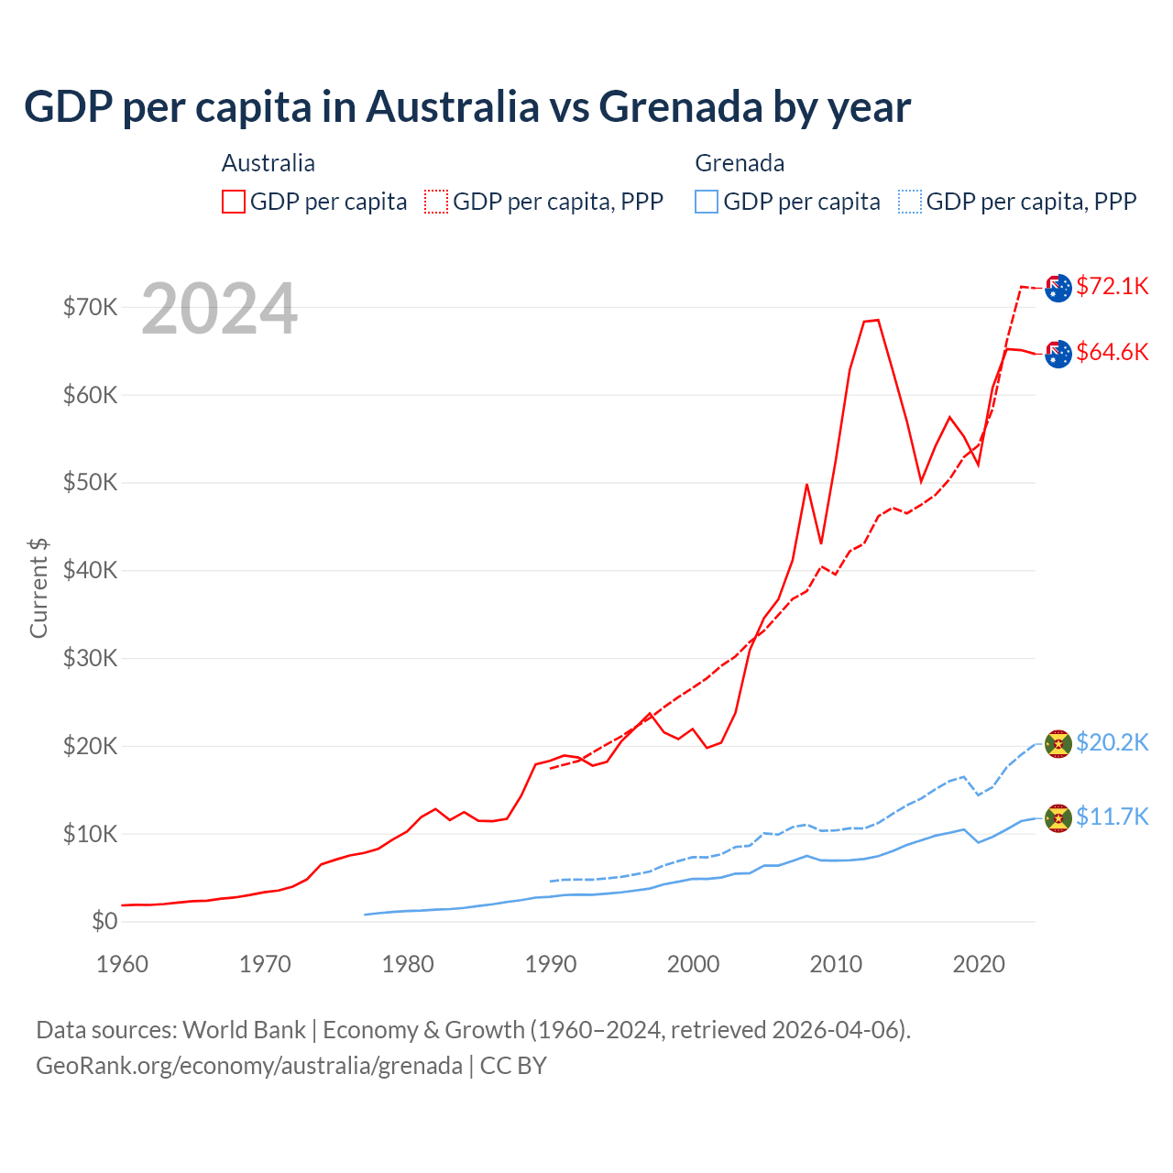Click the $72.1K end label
click(1113, 286)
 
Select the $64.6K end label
click(1113, 352)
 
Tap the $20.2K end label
click(1113, 742)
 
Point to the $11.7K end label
click(1113, 817)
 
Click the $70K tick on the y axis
click(90, 307)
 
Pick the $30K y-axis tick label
click(90, 658)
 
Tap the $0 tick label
click(104, 921)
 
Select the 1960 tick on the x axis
click(123, 964)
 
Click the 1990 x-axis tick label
click(551, 964)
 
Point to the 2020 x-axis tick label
click(979, 964)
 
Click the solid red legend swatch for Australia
click(234, 202)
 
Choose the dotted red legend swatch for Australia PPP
click(436, 202)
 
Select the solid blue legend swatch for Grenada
click(707, 202)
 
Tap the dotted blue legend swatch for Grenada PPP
click(910, 202)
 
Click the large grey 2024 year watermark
click(220, 309)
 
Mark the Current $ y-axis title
click(38, 587)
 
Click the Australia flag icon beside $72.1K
click(1058, 288)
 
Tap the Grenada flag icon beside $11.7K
click(1058, 817)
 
